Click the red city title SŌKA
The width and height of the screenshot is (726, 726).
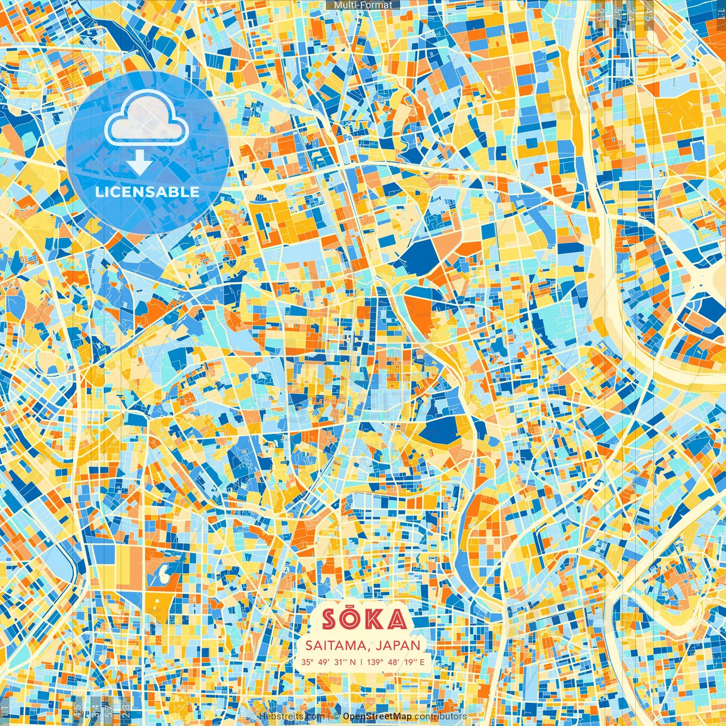(364, 619)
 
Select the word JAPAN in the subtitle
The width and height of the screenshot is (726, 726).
(399, 645)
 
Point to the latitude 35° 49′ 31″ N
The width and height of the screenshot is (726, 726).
(328, 662)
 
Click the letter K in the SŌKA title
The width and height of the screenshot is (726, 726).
(372, 619)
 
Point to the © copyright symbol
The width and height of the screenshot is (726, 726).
(336, 716)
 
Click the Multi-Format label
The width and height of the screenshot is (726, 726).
(363, 5)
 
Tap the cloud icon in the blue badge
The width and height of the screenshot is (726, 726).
(146, 119)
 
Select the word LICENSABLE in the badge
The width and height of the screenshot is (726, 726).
(147, 192)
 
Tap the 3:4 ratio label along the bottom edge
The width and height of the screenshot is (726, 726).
(95, 710)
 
